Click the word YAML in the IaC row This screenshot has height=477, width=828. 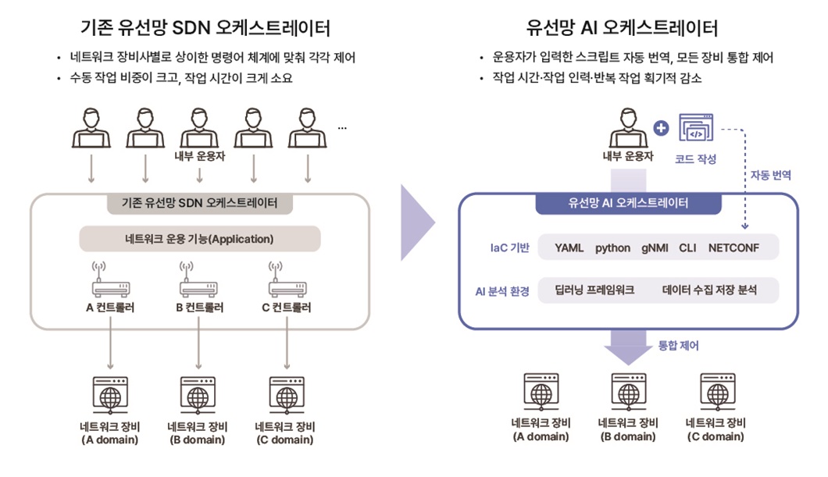click(x=569, y=248)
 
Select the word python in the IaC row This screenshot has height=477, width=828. click(x=612, y=248)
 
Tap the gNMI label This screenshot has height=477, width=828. click(x=655, y=248)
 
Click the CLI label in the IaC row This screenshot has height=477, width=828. click(x=687, y=248)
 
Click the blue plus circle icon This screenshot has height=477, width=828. click(x=661, y=128)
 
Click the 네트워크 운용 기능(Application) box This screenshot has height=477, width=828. click(x=200, y=239)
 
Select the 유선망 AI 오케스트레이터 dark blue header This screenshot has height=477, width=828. click(x=628, y=203)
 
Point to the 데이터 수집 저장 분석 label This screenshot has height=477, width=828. click(x=709, y=290)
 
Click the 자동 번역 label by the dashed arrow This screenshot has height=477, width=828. click(x=770, y=176)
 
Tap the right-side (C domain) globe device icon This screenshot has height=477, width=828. click(x=717, y=391)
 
